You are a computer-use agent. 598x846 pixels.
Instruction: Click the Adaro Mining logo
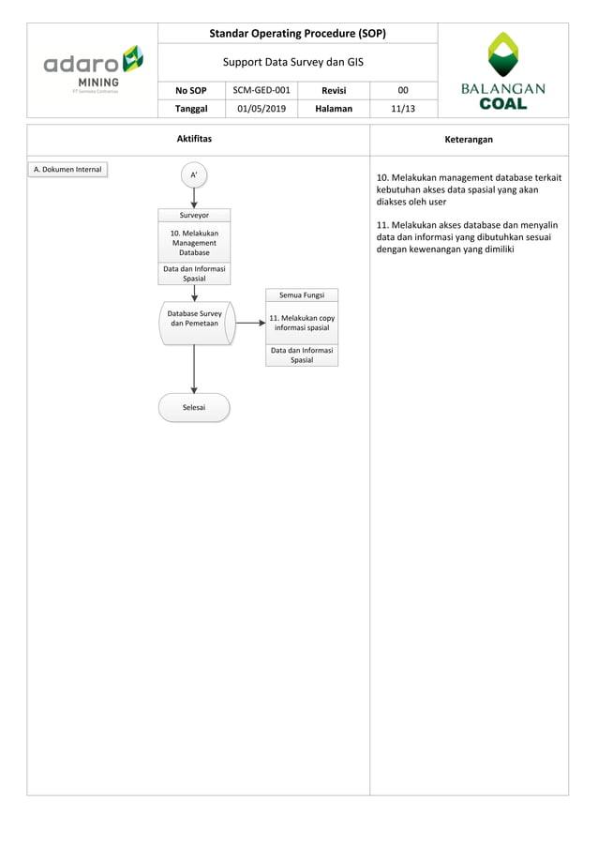[x=93, y=69]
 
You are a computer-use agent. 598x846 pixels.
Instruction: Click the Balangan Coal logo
[x=503, y=71]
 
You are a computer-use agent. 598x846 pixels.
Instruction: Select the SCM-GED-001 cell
[x=262, y=90]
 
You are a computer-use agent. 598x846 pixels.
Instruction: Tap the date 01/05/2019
[x=262, y=109]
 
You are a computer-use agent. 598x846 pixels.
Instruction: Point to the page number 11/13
[x=403, y=109]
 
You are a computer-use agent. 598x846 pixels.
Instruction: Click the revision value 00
[x=403, y=90]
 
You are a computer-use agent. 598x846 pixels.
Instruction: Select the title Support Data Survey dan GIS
[x=298, y=62]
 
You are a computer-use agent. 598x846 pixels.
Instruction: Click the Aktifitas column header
[x=194, y=139]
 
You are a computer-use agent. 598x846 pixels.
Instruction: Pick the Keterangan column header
[x=469, y=139]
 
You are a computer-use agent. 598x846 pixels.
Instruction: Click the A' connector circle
[x=194, y=174]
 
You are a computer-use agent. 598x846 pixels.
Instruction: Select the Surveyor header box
[x=194, y=215]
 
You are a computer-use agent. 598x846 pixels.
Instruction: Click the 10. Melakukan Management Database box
[x=194, y=242]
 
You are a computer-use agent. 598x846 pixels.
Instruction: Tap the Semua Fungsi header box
[x=302, y=295]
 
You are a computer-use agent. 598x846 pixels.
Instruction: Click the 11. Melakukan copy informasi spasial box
[x=302, y=323]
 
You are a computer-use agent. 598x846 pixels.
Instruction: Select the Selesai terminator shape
[x=194, y=407]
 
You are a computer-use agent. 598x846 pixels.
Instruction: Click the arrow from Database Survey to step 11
[x=249, y=323]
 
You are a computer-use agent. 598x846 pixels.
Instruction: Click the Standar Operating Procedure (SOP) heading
[x=298, y=34]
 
